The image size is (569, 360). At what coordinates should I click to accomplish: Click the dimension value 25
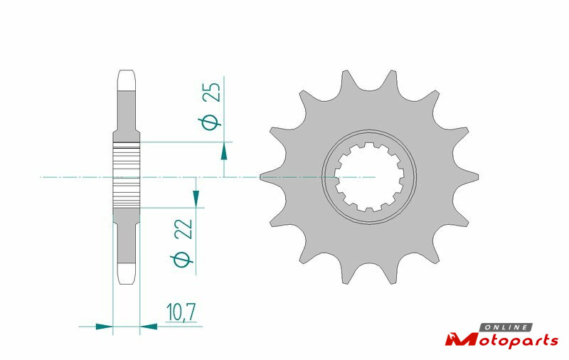click(211, 92)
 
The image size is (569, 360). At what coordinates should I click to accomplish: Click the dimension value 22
click(184, 229)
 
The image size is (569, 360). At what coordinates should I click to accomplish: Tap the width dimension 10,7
click(181, 312)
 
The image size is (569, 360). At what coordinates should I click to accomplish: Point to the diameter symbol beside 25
click(210, 122)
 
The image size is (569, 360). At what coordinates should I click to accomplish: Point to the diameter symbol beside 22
click(182, 260)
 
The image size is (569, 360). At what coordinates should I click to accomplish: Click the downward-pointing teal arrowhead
click(196, 198)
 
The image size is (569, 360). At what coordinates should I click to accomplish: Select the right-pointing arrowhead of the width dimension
click(104, 327)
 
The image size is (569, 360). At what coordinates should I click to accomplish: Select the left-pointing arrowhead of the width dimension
click(149, 327)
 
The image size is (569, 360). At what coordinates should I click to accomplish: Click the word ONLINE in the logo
click(506, 327)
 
